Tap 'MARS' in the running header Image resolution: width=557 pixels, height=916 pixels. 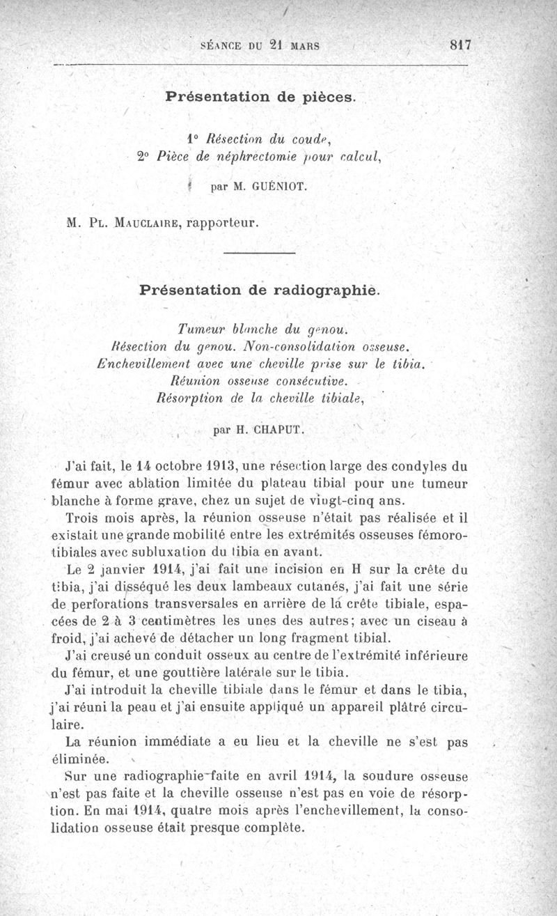click(304, 47)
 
